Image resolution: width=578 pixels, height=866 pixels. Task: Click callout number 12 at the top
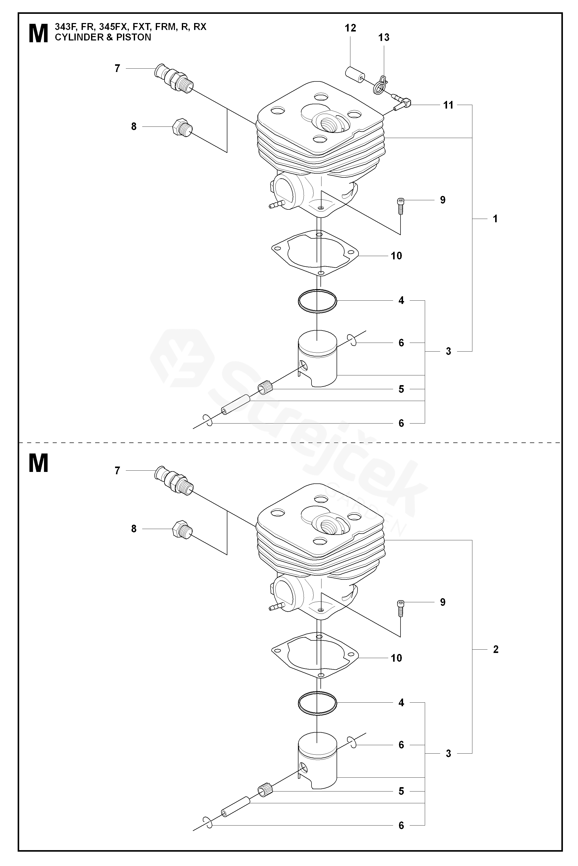[x=351, y=28]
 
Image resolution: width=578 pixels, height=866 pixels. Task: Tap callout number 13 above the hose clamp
[x=384, y=37]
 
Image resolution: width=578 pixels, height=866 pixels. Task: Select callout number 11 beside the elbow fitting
[x=448, y=105]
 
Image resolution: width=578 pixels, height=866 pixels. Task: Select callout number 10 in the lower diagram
[x=396, y=658]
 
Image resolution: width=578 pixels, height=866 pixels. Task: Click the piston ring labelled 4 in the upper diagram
[x=317, y=301]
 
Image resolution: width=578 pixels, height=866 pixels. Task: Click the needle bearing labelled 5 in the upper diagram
[x=265, y=388]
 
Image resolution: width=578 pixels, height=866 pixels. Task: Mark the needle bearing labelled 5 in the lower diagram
[x=265, y=791]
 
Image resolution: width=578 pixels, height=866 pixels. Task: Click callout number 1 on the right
[x=495, y=219]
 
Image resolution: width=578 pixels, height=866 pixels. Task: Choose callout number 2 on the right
[x=495, y=649]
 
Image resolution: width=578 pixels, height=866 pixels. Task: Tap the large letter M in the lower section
[x=38, y=463]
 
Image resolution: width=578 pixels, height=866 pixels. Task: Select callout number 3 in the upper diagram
[x=448, y=351]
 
